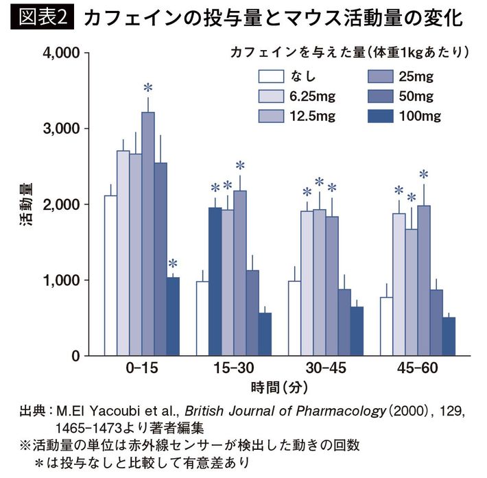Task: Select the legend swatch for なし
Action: click(x=272, y=76)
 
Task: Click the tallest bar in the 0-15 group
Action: click(x=148, y=233)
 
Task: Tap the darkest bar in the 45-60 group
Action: click(x=449, y=336)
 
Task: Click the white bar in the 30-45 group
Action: click(x=294, y=318)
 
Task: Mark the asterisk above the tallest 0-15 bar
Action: click(x=148, y=87)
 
